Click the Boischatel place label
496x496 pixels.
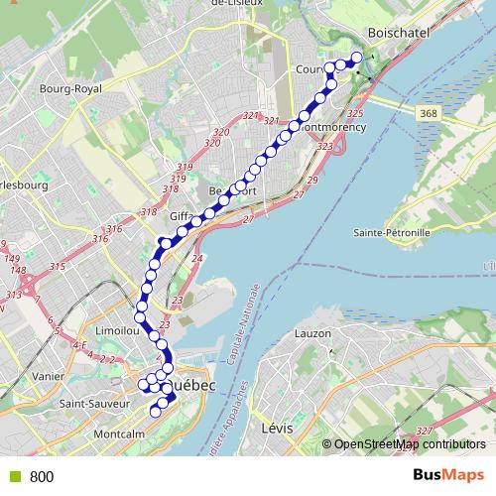[x=397, y=32]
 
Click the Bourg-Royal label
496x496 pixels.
[x=70, y=89]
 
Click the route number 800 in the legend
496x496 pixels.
[x=42, y=477]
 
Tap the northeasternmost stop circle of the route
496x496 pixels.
[x=357, y=58]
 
